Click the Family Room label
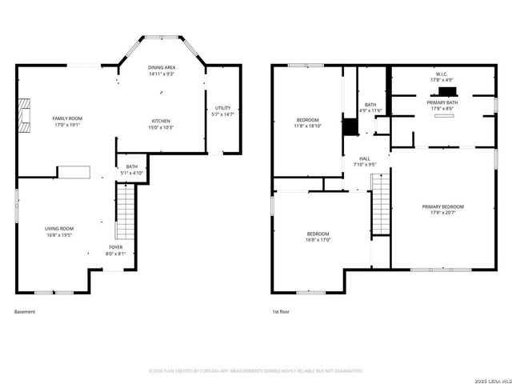(68, 122)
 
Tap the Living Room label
(58, 232)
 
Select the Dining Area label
(160, 70)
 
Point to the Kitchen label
(160, 123)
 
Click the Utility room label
(222, 111)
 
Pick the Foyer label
(116, 250)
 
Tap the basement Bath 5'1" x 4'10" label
(131, 170)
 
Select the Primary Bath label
(442, 105)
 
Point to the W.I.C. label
(442, 77)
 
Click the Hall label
(365, 162)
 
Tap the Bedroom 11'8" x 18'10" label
(307, 123)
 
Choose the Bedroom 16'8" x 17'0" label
(318, 236)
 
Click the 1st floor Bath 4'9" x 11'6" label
(370, 107)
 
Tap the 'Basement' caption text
(25, 311)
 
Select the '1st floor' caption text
(280, 311)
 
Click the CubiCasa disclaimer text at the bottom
(256, 370)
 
